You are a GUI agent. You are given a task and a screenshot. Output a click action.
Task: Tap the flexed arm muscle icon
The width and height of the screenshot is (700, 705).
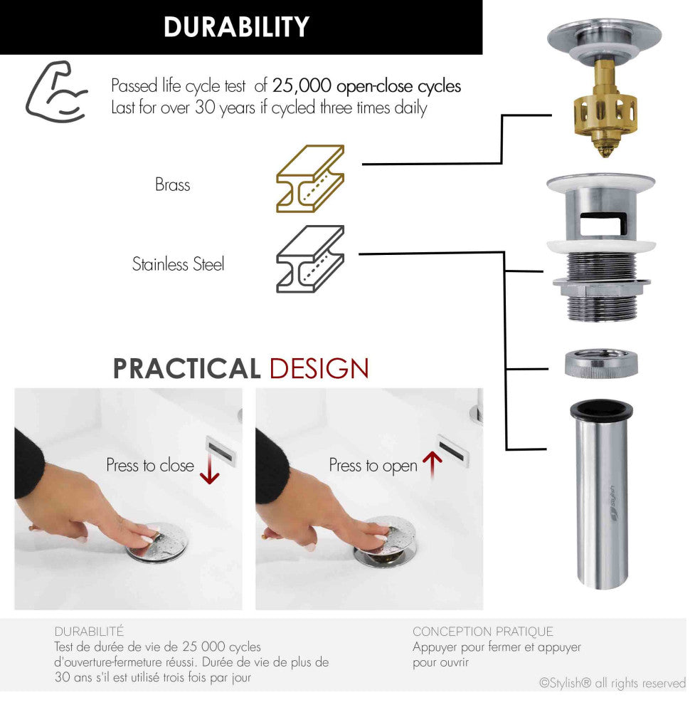tap(55, 92)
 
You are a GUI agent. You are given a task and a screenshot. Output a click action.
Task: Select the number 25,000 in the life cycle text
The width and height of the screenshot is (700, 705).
tap(302, 85)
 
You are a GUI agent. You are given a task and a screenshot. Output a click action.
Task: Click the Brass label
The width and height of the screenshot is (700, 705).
tap(173, 184)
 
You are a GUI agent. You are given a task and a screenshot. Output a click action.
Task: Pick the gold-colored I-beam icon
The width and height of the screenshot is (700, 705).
tap(310, 179)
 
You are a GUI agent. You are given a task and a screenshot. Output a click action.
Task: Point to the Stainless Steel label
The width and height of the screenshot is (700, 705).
tap(178, 264)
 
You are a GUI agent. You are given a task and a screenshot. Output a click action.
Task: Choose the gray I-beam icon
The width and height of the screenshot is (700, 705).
tap(310, 259)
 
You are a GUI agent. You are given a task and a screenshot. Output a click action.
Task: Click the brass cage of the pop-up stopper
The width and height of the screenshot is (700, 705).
tap(605, 112)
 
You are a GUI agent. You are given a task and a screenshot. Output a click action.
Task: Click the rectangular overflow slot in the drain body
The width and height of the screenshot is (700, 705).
tap(603, 224)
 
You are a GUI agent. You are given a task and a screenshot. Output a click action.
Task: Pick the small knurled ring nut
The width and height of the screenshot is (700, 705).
tap(601, 364)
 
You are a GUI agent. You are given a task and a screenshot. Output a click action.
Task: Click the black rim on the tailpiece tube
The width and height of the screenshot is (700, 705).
tap(601, 410)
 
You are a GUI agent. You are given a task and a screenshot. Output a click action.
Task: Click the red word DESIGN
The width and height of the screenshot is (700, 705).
tap(319, 368)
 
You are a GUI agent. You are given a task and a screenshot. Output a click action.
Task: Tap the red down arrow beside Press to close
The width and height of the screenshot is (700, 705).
tap(209, 469)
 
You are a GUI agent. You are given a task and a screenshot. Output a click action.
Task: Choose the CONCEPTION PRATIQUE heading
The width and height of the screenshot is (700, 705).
tap(482, 632)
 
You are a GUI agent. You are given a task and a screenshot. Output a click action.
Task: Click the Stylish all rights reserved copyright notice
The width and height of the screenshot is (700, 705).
tap(612, 684)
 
